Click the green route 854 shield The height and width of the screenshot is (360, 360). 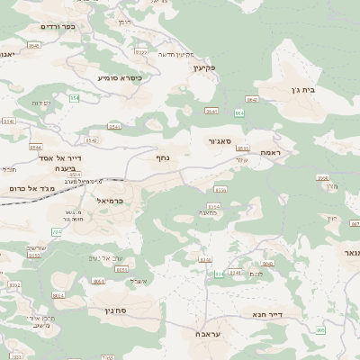coord(74,97)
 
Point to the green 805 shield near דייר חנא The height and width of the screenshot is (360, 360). coord(320,331)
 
